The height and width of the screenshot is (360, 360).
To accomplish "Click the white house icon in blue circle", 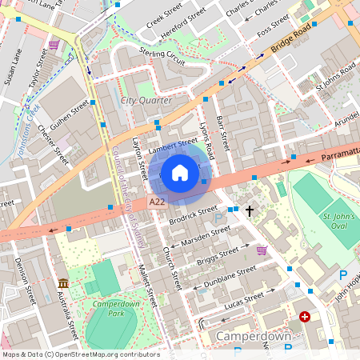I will point(180,172).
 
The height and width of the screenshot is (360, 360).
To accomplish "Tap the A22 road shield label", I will point(158,203).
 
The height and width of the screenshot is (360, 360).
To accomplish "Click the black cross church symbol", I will point(250,211).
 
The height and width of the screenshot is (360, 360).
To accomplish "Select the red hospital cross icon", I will point(305,317).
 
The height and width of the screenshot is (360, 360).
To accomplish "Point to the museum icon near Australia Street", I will point(63,283).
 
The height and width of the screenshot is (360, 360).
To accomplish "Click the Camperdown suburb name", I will point(254,337).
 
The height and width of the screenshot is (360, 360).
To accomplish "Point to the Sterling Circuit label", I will point(162,56).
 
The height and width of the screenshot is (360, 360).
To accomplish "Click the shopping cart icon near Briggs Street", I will point(262,250).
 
